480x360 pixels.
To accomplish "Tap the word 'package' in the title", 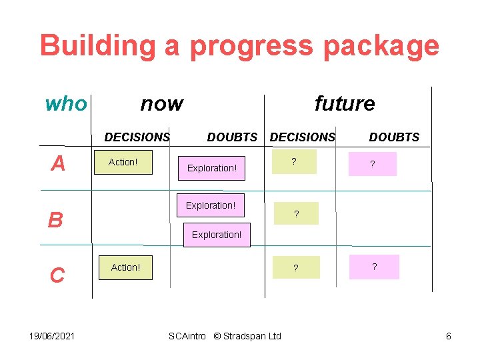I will [x=380, y=47].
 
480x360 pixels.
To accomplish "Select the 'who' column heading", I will [x=65, y=104].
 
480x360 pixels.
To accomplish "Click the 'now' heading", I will [x=161, y=104].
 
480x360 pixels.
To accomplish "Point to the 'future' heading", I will [x=344, y=104].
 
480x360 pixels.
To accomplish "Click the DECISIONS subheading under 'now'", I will [x=137, y=137].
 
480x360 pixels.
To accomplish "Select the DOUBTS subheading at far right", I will [x=394, y=137].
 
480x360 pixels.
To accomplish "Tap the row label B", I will [x=55, y=220].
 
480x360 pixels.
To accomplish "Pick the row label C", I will [x=57, y=275].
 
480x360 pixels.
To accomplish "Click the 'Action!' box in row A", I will [x=123, y=162].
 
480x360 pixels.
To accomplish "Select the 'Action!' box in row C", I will [x=125, y=267].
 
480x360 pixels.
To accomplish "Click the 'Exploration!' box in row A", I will [x=212, y=168].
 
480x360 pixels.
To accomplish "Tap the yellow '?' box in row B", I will [x=296, y=214].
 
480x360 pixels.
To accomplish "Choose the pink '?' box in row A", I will [x=372, y=164].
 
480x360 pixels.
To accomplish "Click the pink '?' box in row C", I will [x=374, y=267].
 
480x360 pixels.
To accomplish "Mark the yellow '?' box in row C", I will [x=296, y=268].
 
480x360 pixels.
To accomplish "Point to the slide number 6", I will [x=448, y=336].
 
